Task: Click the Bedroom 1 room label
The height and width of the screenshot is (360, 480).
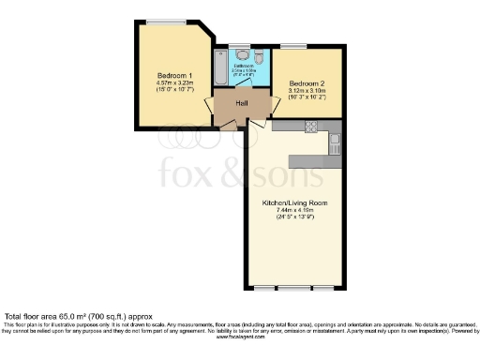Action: click(x=176, y=75)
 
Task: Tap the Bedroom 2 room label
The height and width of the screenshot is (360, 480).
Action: click(x=307, y=81)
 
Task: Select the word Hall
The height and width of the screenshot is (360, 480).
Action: click(x=241, y=102)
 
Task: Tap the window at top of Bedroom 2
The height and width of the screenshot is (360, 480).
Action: click(x=293, y=45)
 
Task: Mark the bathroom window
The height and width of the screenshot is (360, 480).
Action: click(x=240, y=45)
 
